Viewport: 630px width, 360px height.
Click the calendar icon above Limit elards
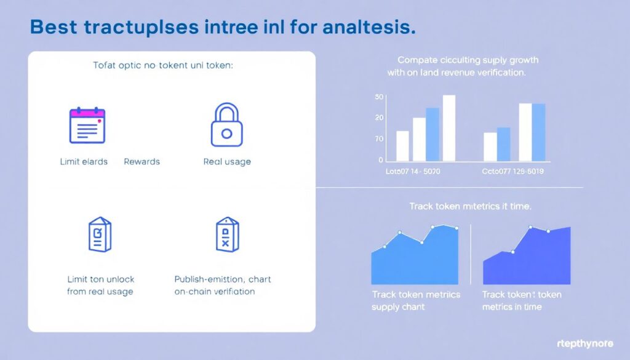point(87,126)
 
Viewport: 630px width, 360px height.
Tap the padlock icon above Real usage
point(226,125)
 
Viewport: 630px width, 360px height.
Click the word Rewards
point(142,162)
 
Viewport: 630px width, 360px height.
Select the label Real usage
point(226,162)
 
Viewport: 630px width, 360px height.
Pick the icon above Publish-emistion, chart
point(225,234)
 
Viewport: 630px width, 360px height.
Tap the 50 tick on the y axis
point(379,97)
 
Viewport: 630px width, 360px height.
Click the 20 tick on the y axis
point(379,118)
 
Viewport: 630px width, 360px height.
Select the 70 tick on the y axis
point(379,139)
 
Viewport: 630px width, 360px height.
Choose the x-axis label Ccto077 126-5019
point(513,170)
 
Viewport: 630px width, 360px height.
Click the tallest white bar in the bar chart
point(449,127)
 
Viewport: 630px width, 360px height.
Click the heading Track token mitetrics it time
point(469,207)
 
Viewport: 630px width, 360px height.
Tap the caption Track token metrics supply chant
point(415,300)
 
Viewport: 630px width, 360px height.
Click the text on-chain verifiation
point(214,291)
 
